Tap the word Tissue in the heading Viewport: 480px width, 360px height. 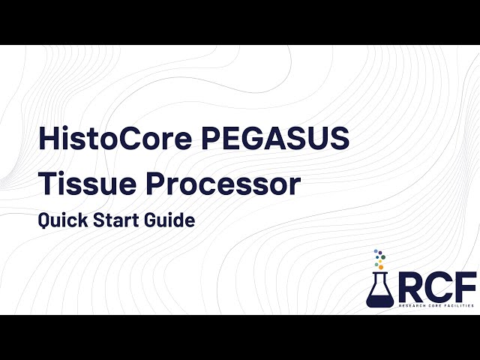pyautogui.click(x=80, y=184)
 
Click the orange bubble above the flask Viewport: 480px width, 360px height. pyautogui.click(x=381, y=266)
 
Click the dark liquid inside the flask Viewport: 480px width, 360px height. pyautogui.click(x=379, y=298)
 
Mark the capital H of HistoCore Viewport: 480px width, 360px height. pyautogui.click(x=46, y=139)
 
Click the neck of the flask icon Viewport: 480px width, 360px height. pyautogui.click(x=379, y=277)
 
